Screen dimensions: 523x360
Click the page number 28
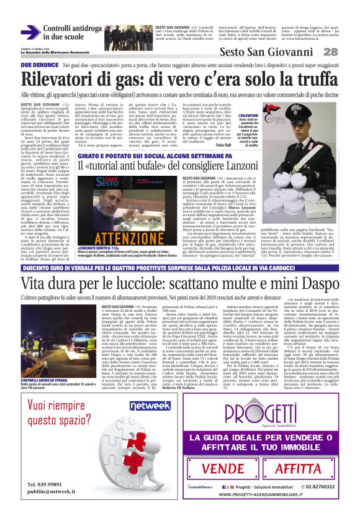[x=347, y=52]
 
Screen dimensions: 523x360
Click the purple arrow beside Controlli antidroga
[x=30, y=32]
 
